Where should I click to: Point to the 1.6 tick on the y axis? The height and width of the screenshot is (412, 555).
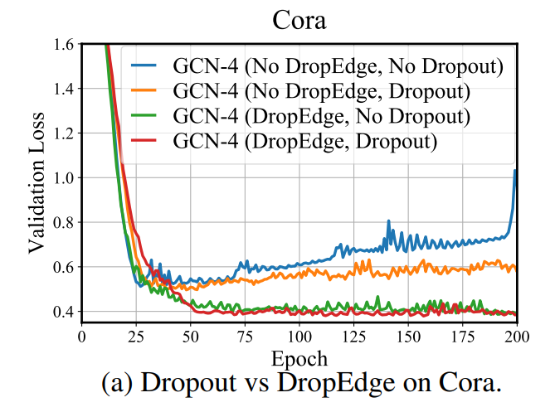65,44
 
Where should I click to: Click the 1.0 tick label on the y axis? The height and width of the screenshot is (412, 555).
65,178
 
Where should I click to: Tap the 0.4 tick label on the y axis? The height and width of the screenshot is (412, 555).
65,313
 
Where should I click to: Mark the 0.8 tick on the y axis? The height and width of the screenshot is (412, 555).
65,223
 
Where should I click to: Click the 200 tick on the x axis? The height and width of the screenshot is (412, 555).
516,337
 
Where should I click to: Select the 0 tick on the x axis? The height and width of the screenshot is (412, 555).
81,337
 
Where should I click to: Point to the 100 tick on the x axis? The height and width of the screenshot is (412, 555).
299,337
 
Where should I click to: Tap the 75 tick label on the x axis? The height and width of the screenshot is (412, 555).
245,337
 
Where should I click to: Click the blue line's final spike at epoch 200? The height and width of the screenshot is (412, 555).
515,172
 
